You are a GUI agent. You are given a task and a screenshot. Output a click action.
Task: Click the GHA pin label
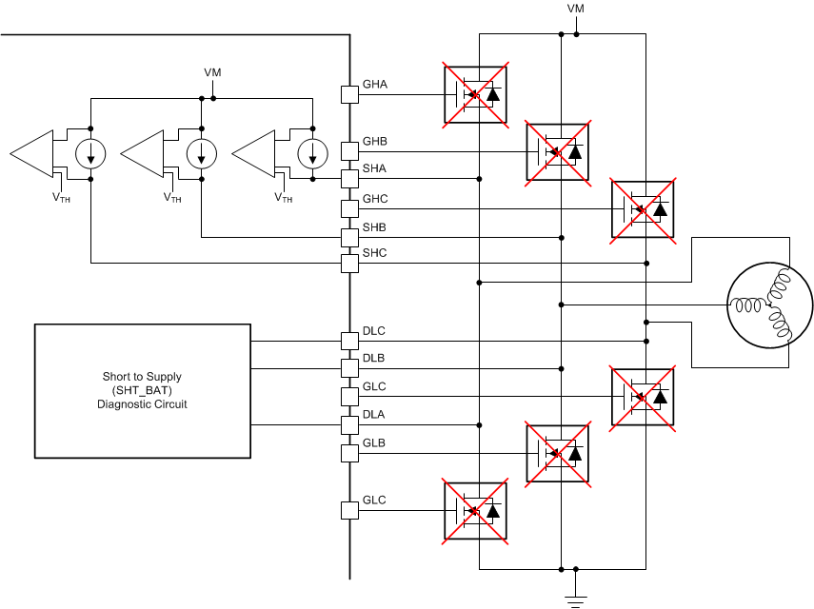coord(374,85)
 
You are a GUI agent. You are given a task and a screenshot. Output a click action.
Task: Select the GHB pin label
coord(374,142)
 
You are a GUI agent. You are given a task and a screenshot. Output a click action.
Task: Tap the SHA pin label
coord(374,168)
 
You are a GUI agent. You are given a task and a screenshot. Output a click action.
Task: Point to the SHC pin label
coord(374,253)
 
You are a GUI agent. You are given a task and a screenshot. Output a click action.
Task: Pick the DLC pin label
coord(374,331)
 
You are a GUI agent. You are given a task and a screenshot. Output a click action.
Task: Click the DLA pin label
coord(374,415)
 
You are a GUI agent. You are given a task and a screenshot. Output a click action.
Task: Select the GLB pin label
coord(374,443)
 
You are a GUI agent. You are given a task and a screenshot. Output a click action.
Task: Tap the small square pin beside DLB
coord(349,367)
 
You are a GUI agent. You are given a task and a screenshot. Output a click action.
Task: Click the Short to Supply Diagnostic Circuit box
coord(142,391)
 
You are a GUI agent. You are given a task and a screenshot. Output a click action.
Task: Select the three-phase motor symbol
coord(770,305)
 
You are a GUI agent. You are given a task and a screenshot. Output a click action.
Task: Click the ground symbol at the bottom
coord(576,598)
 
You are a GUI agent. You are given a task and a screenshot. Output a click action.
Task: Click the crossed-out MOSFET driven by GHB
coord(558,151)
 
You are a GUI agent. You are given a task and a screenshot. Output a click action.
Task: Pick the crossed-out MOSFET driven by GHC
coord(642,208)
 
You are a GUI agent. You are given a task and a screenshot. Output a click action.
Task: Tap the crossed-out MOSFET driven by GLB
coord(558,453)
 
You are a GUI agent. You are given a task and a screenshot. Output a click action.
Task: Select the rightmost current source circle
coord(311,152)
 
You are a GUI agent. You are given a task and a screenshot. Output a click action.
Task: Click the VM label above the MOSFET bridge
coord(576,9)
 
